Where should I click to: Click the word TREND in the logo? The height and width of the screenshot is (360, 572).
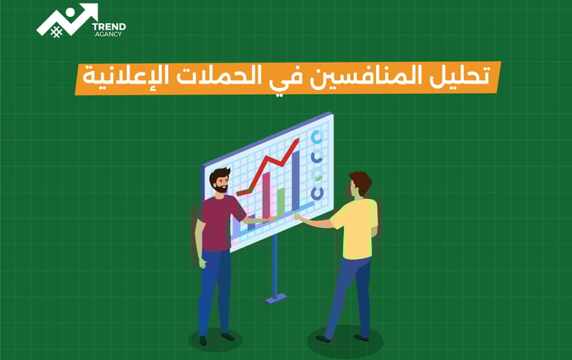108,27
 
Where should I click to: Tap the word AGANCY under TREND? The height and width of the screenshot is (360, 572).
107,35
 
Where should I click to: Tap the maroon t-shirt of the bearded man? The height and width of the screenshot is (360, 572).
219,220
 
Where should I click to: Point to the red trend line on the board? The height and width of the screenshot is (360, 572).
273,163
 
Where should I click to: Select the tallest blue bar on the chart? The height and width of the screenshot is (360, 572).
296,179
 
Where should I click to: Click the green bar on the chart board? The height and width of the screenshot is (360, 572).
281,200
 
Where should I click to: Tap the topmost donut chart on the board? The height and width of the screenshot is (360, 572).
317,138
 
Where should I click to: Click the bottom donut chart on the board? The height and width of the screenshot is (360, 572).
318,192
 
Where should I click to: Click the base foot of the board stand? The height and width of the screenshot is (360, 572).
276,298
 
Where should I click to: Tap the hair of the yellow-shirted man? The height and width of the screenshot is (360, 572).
360,181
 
